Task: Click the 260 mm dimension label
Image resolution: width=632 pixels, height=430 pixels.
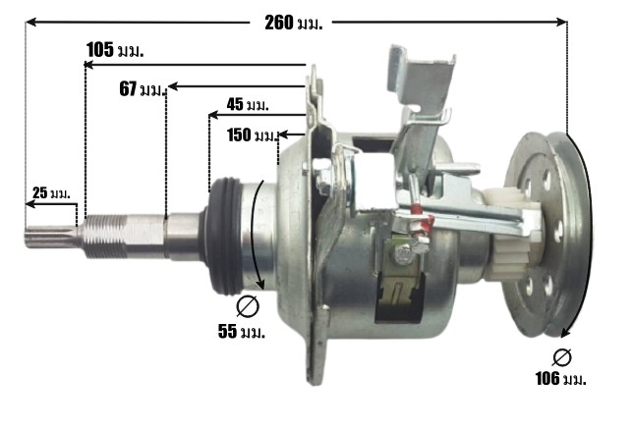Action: (x=294, y=23)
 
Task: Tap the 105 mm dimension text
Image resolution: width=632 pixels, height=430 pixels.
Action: (x=115, y=50)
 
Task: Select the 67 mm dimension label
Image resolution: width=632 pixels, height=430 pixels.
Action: (x=143, y=89)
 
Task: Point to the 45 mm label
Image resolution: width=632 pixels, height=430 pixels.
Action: (x=248, y=105)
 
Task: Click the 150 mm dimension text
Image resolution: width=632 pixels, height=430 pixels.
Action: (x=253, y=135)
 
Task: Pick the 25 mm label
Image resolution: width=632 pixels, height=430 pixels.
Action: (x=51, y=192)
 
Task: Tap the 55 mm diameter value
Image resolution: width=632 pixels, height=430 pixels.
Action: (x=242, y=332)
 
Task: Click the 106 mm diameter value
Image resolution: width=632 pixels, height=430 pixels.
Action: (x=560, y=379)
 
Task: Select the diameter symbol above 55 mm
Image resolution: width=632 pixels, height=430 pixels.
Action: (x=248, y=306)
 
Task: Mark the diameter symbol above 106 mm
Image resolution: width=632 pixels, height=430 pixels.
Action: (x=562, y=357)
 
